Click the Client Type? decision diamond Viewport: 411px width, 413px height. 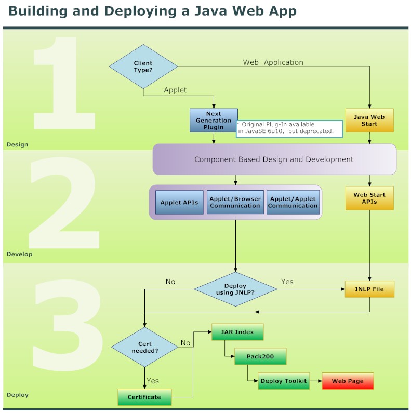(143, 66)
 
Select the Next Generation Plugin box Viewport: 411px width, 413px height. (214, 121)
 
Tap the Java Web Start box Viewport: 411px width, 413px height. (369, 121)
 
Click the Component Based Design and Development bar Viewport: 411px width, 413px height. (274, 159)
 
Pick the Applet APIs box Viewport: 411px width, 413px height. (179, 203)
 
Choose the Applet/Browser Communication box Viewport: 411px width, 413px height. (235, 203)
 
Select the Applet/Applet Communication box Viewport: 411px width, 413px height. (293, 203)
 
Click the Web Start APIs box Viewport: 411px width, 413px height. (369, 198)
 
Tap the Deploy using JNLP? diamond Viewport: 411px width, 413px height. (235, 289)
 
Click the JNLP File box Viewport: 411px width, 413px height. (369, 289)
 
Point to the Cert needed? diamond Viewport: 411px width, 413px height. (144, 347)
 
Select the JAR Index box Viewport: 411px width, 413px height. (237, 332)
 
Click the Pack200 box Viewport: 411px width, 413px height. (260, 357)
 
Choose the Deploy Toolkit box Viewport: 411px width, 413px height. (284, 381)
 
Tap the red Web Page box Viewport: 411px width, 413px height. (348, 381)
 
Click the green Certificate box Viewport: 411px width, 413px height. (144, 397)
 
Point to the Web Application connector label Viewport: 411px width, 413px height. (273, 62)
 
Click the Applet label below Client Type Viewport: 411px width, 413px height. (175, 90)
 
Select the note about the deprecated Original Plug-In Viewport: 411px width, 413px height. (289, 128)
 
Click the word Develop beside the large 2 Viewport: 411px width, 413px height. (19, 254)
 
